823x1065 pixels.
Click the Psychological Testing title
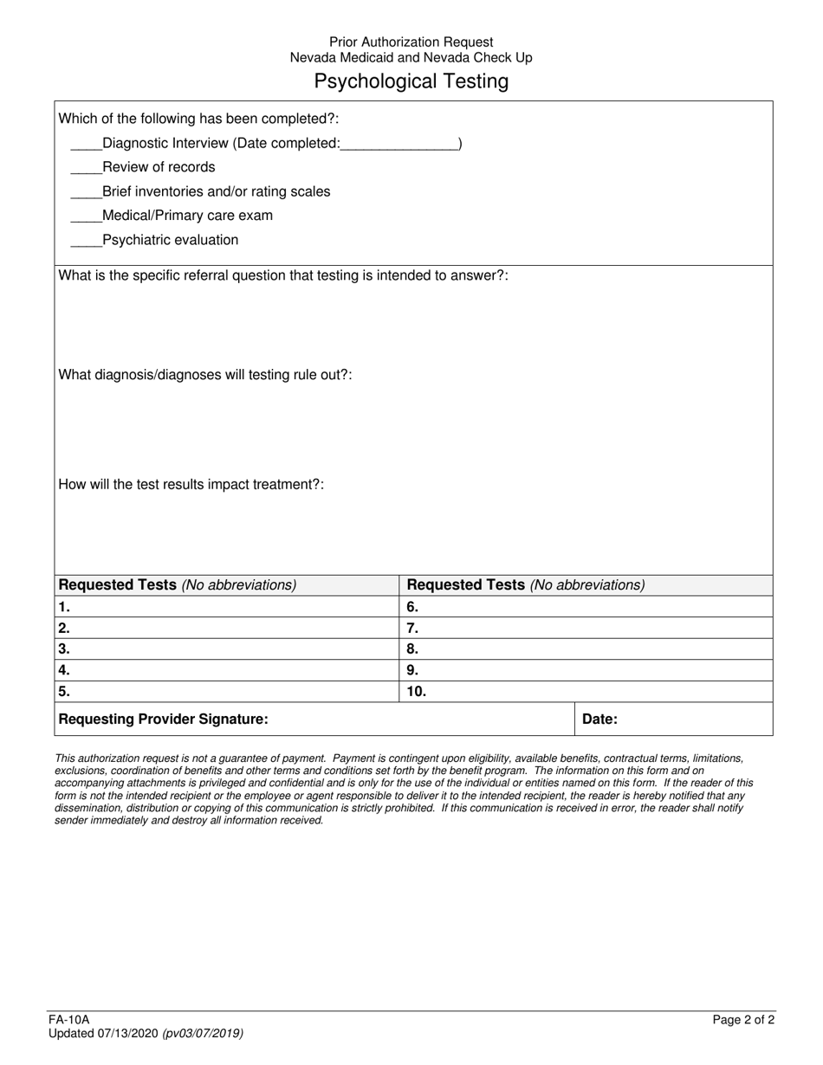point(411,81)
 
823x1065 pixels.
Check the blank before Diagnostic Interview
point(85,145)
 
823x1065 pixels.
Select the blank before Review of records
point(85,168)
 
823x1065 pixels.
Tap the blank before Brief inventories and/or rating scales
point(85,192)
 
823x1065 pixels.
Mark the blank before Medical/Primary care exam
point(85,216)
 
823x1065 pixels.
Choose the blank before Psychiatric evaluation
point(85,241)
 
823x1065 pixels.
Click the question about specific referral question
point(282,275)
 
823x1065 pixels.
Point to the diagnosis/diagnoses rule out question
point(204,375)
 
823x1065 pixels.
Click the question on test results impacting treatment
point(191,485)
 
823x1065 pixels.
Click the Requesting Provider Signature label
point(163,719)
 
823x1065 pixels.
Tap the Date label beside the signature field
point(599,719)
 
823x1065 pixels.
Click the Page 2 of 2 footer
point(743,1020)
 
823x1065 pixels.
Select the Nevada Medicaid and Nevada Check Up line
point(411,58)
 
